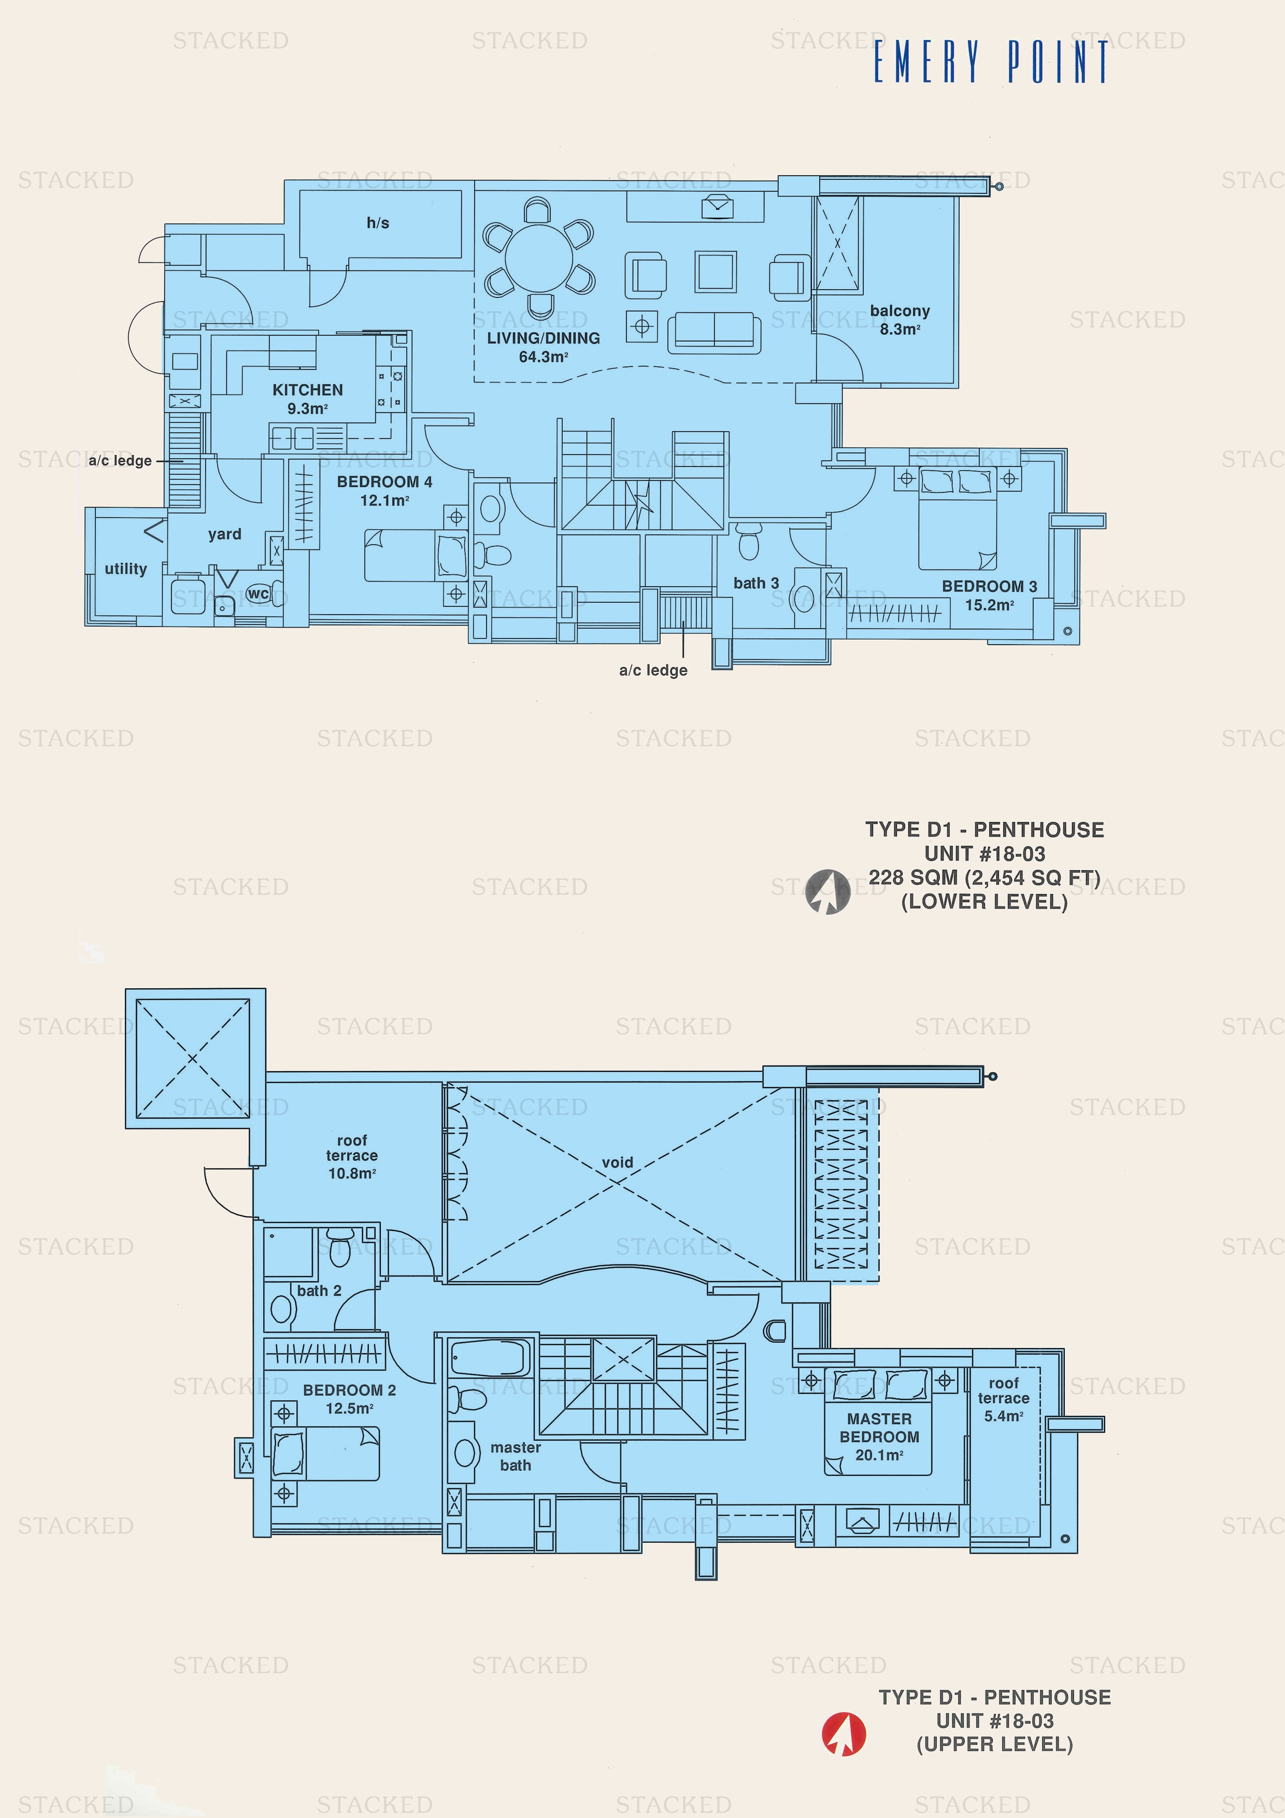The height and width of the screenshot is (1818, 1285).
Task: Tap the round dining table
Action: tap(540, 258)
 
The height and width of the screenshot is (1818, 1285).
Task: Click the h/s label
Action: tap(378, 223)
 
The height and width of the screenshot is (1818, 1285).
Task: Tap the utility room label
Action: tap(126, 569)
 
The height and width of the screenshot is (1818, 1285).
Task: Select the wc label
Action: tap(258, 593)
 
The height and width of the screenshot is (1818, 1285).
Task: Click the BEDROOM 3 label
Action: tap(989, 587)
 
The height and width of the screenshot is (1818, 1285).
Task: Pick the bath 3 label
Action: tap(755, 583)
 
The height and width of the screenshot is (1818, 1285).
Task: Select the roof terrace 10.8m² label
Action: tap(351, 1157)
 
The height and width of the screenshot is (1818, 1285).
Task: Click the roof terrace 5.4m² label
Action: tap(1003, 1399)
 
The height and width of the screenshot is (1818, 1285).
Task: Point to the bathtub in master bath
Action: tap(489, 1357)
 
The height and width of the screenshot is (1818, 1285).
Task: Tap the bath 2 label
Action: tap(319, 1290)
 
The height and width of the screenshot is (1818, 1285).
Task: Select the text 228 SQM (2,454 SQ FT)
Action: tap(984, 877)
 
